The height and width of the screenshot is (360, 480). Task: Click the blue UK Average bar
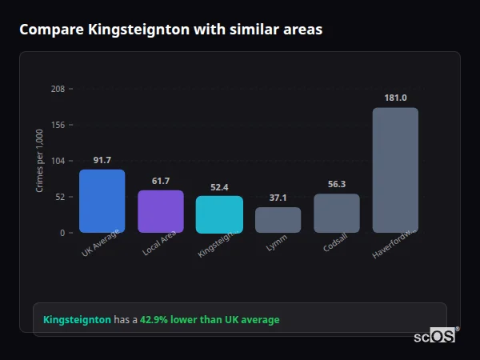102,201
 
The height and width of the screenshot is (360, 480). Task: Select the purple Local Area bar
161,211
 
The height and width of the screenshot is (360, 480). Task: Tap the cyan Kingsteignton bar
219,214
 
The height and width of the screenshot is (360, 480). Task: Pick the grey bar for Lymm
278,220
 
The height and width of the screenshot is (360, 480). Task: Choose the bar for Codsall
336,213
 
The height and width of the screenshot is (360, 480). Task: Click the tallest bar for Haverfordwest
395,170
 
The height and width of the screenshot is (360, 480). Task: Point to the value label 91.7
102,160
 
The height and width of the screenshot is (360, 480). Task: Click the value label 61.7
161,181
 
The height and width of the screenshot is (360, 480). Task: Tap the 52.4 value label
219,187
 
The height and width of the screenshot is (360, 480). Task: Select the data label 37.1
278,198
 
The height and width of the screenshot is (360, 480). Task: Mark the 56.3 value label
336,184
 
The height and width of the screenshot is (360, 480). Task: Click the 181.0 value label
395,98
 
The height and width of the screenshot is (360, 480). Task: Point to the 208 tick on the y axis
58,89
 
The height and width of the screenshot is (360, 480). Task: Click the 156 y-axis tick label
58,125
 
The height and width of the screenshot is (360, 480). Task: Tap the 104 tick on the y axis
58,161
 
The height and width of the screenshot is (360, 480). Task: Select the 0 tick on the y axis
62,233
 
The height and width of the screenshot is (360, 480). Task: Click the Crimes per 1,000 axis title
39,161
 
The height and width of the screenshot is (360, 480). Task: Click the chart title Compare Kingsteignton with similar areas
170,30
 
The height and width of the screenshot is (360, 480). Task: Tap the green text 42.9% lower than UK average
210,320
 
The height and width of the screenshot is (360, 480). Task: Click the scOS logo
435,336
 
